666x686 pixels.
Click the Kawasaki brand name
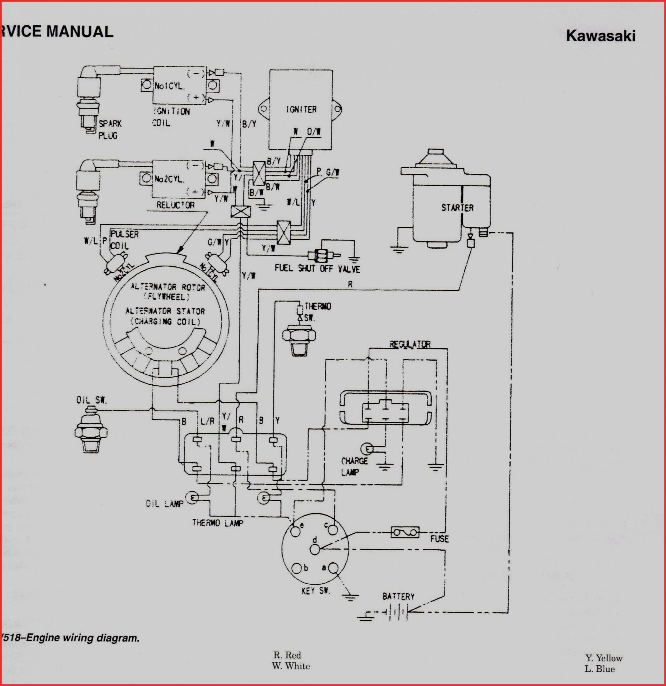(600, 36)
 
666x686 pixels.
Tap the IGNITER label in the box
(301, 109)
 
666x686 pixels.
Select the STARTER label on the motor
(457, 207)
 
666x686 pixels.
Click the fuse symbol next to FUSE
(405, 532)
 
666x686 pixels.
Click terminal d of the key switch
(315, 550)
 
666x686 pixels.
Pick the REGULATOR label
(410, 344)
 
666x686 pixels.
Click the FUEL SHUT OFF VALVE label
(317, 269)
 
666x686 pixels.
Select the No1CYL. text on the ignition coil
(170, 85)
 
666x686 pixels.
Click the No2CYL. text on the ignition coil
(169, 179)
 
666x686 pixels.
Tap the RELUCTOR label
(175, 205)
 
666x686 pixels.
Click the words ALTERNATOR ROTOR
(168, 287)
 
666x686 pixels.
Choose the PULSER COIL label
(124, 239)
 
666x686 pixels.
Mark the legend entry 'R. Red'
(287, 655)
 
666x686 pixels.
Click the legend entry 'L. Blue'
(599, 669)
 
